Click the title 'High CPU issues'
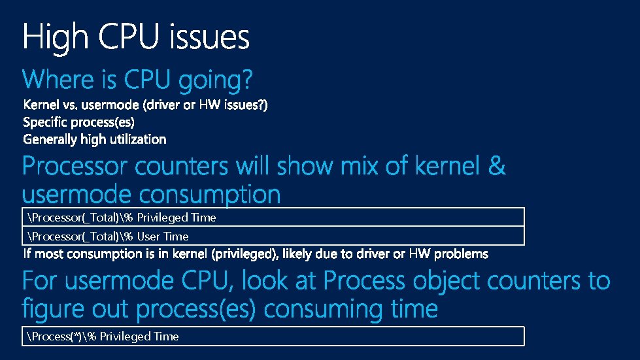click(x=136, y=37)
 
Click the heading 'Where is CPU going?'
click(x=137, y=81)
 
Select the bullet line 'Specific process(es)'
click(x=78, y=122)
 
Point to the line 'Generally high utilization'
click(x=95, y=139)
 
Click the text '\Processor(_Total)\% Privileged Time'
click(x=122, y=218)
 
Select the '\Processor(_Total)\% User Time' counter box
click(x=273, y=236)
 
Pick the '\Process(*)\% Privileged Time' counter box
click(x=273, y=336)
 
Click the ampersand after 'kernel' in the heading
click(x=496, y=167)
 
